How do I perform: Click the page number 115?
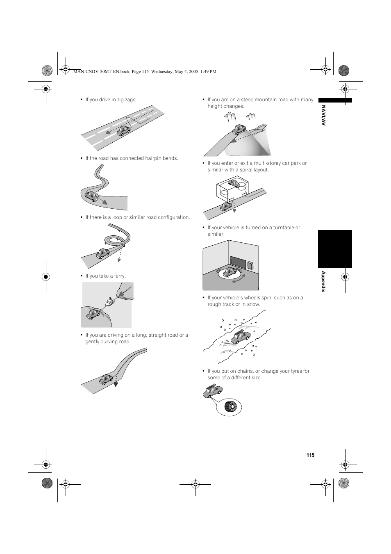coord(310,455)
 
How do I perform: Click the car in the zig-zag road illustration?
coord(123,131)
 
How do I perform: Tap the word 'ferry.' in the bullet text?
coord(120,276)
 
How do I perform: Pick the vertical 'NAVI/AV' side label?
coord(323,115)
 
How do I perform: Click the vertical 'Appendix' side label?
coord(323,281)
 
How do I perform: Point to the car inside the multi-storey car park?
coord(233,183)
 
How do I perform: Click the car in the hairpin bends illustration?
coord(91,196)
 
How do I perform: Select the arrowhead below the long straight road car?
coord(116,384)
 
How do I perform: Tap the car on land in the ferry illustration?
coord(93,314)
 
